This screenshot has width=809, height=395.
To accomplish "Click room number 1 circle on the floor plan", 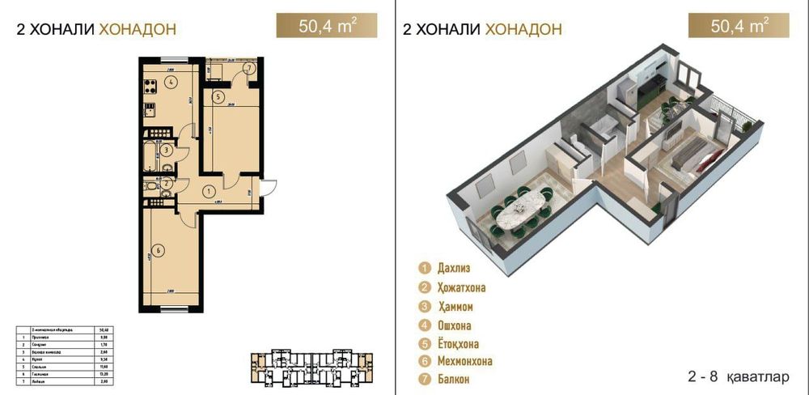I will (209, 192).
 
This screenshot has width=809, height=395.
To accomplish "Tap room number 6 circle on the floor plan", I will (159, 250).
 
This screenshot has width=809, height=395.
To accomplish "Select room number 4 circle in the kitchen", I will (172, 81).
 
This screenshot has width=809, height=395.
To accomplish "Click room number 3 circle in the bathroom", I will (165, 149).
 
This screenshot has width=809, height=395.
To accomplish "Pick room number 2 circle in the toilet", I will (165, 184).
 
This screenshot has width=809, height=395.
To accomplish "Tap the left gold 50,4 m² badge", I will (326, 25).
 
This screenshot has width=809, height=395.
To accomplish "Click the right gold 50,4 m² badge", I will (739, 25).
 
